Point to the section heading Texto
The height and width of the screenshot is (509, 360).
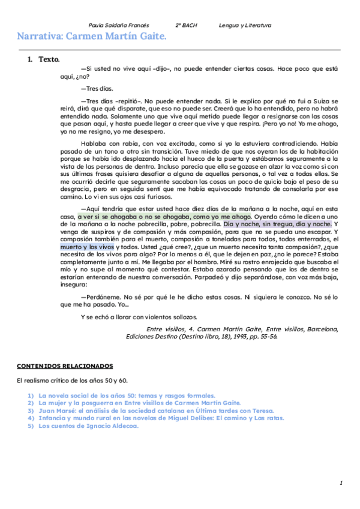(49, 60)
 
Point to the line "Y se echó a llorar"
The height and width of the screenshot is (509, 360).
(139, 317)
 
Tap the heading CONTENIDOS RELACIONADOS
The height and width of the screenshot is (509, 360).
(65, 366)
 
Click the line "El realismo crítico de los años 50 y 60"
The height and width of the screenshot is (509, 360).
(72, 381)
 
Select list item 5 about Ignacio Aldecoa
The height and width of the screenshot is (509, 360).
(88, 426)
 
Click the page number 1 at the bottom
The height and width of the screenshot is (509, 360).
(341, 483)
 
